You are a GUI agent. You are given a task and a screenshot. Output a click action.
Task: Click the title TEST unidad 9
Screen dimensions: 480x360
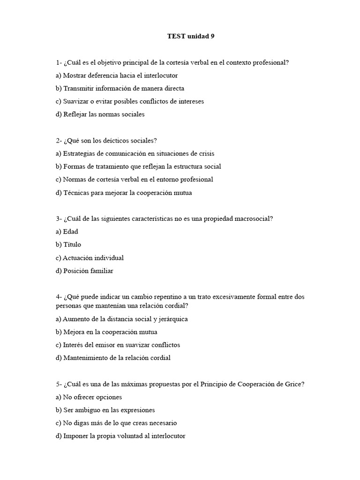(190, 36)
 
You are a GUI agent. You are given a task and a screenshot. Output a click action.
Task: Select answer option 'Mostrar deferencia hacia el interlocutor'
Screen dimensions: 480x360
(117, 75)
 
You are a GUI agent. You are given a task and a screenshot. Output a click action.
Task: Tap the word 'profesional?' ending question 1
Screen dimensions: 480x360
(271, 62)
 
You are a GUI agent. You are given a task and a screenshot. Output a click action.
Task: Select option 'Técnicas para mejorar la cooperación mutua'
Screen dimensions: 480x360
(124, 193)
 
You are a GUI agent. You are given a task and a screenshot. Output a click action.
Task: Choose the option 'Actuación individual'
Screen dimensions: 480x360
(90, 258)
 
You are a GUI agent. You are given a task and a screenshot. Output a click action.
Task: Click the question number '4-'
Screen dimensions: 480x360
(59, 297)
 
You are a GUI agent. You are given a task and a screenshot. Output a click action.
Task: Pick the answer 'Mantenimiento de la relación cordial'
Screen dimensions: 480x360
(113, 358)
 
